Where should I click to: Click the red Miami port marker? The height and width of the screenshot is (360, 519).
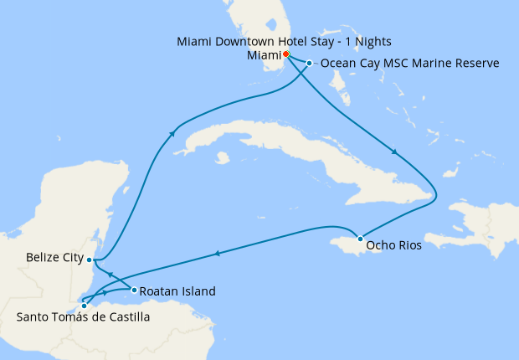(285, 54)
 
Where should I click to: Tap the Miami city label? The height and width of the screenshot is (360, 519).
(264, 55)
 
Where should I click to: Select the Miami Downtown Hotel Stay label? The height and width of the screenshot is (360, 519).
(285, 41)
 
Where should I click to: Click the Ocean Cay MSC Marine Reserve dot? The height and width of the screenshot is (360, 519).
(309, 64)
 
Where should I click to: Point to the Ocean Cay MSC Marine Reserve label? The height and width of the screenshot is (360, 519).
(410, 64)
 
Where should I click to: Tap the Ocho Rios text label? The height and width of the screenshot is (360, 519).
(393, 247)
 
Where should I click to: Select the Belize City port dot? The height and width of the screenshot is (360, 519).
(89, 260)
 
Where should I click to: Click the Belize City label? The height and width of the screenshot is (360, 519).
(54, 258)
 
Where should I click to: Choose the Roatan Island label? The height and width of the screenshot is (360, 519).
(177, 291)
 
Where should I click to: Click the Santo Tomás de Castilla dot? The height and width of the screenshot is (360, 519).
(84, 306)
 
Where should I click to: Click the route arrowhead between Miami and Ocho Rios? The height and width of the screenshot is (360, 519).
(394, 153)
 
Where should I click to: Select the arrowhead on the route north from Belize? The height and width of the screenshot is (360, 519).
(172, 132)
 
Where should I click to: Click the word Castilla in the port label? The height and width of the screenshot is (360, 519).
(124, 317)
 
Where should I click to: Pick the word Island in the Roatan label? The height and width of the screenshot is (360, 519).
(198, 291)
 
